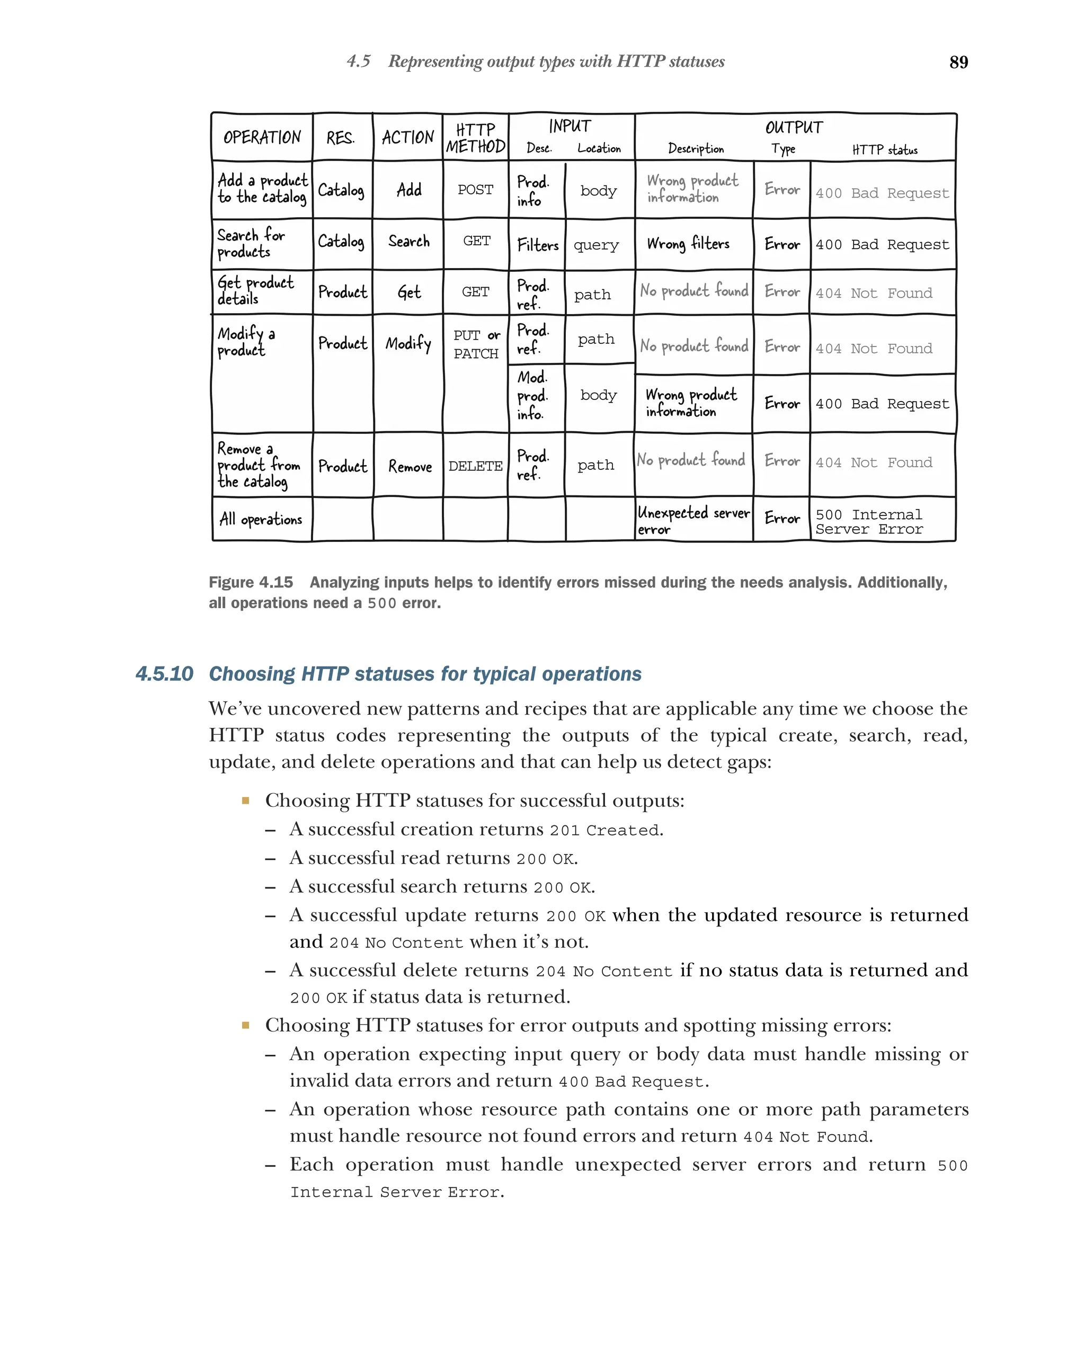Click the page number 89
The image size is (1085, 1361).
[x=958, y=62]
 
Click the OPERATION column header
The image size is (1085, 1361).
[x=262, y=137]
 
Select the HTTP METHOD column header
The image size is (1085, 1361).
[x=475, y=138]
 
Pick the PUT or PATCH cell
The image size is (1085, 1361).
[x=476, y=344]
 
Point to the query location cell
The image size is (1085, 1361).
[x=596, y=245]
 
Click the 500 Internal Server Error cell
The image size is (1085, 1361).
[x=869, y=521]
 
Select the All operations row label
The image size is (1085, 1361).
[x=261, y=519]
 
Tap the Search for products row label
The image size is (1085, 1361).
[x=251, y=243]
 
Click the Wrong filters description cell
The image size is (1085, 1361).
[x=688, y=244]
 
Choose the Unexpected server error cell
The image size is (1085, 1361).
[x=693, y=520]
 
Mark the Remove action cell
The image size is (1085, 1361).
[x=410, y=467]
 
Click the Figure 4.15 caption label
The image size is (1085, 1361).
[x=251, y=582]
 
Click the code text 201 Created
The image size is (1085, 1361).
[x=604, y=830]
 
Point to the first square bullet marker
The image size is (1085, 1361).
[x=245, y=800]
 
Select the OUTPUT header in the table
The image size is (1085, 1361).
[x=794, y=128]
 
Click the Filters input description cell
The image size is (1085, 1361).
[x=537, y=245]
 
